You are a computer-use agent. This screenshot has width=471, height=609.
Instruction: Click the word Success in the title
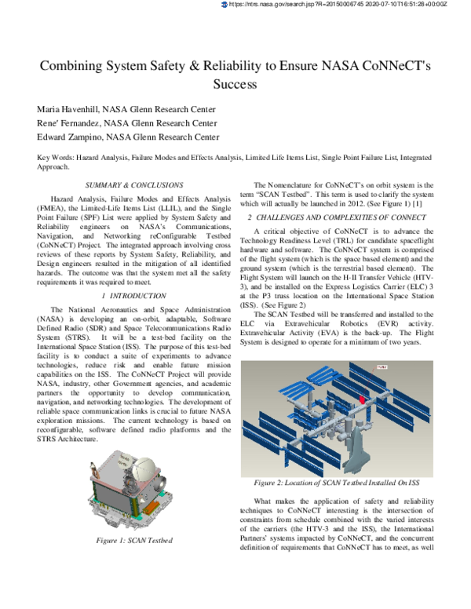point(235,82)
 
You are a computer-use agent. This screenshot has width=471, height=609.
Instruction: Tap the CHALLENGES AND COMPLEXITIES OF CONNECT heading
point(344,216)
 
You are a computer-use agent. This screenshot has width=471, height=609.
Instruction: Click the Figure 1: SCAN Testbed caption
point(134,541)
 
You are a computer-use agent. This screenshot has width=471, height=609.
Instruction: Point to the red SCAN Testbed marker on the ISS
point(362,399)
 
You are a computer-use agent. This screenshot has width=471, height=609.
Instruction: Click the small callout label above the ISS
point(383,366)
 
